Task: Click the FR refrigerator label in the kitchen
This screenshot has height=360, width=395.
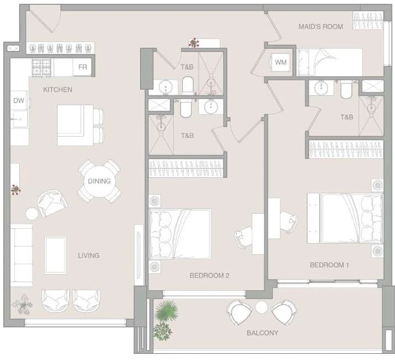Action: [82, 67]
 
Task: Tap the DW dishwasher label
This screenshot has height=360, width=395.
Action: [19, 100]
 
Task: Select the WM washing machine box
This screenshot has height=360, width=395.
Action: [280, 62]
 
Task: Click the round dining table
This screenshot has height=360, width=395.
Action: [100, 182]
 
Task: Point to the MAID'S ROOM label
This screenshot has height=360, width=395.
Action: [321, 27]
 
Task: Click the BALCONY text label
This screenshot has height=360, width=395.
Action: [262, 333]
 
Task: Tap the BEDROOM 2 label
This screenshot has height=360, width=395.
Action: [210, 275]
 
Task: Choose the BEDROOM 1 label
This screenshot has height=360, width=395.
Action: [329, 265]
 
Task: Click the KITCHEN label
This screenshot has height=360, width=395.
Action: [58, 90]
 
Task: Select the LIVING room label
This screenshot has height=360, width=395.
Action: [89, 255]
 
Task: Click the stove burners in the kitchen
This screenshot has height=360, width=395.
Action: [41, 68]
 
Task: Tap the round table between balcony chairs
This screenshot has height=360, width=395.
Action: [262, 307]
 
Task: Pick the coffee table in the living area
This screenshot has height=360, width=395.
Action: [56, 255]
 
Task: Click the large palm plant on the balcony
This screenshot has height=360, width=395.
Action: [167, 311]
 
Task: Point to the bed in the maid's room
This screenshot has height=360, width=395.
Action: [330, 63]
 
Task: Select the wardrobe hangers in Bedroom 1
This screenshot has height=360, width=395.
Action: [346, 150]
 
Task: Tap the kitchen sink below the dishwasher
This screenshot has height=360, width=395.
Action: [19, 119]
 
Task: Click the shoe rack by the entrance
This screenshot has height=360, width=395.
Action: [60, 48]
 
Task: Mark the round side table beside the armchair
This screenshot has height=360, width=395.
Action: [32, 214]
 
